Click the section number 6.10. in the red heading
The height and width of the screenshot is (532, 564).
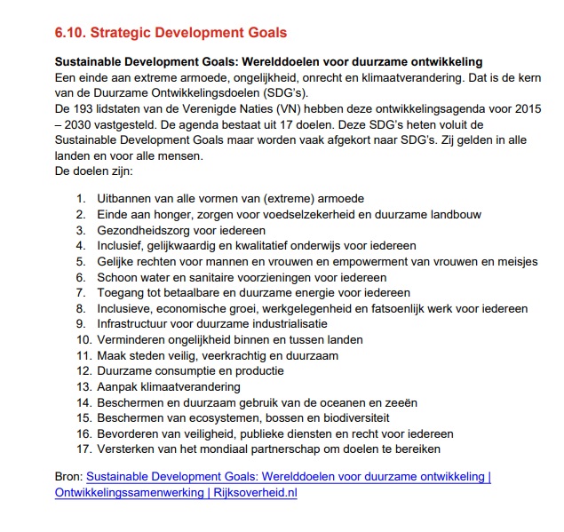point(75,33)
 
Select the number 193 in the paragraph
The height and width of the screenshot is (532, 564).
point(88,107)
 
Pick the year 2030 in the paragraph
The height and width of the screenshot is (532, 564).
point(81,123)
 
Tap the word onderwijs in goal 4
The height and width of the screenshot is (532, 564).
point(309,245)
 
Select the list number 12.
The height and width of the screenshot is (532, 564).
point(83,371)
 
